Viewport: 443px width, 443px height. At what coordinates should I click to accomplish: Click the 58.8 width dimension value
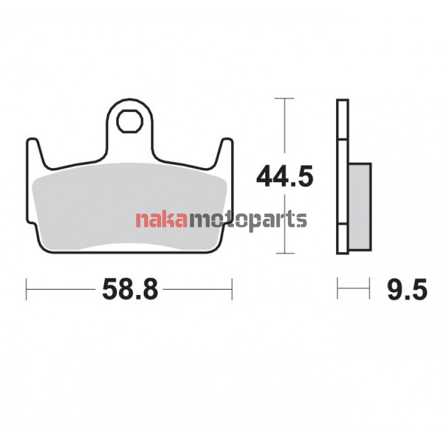[x=130, y=289]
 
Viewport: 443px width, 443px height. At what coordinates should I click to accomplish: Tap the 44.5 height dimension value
[x=285, y=176]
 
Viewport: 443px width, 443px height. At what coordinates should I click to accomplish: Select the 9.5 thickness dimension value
[x=407, y=289]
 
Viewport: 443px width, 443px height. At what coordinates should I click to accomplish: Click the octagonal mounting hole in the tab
[x=130, y=121]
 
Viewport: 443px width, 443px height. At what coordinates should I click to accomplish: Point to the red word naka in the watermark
[x=162, y=219]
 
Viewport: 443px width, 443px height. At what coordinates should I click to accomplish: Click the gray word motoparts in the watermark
[x=247, y=221]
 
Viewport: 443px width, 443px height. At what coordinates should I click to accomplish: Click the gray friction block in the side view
[x=360, y=206]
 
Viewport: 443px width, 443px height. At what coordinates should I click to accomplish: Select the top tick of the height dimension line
[x=284, y=98]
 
